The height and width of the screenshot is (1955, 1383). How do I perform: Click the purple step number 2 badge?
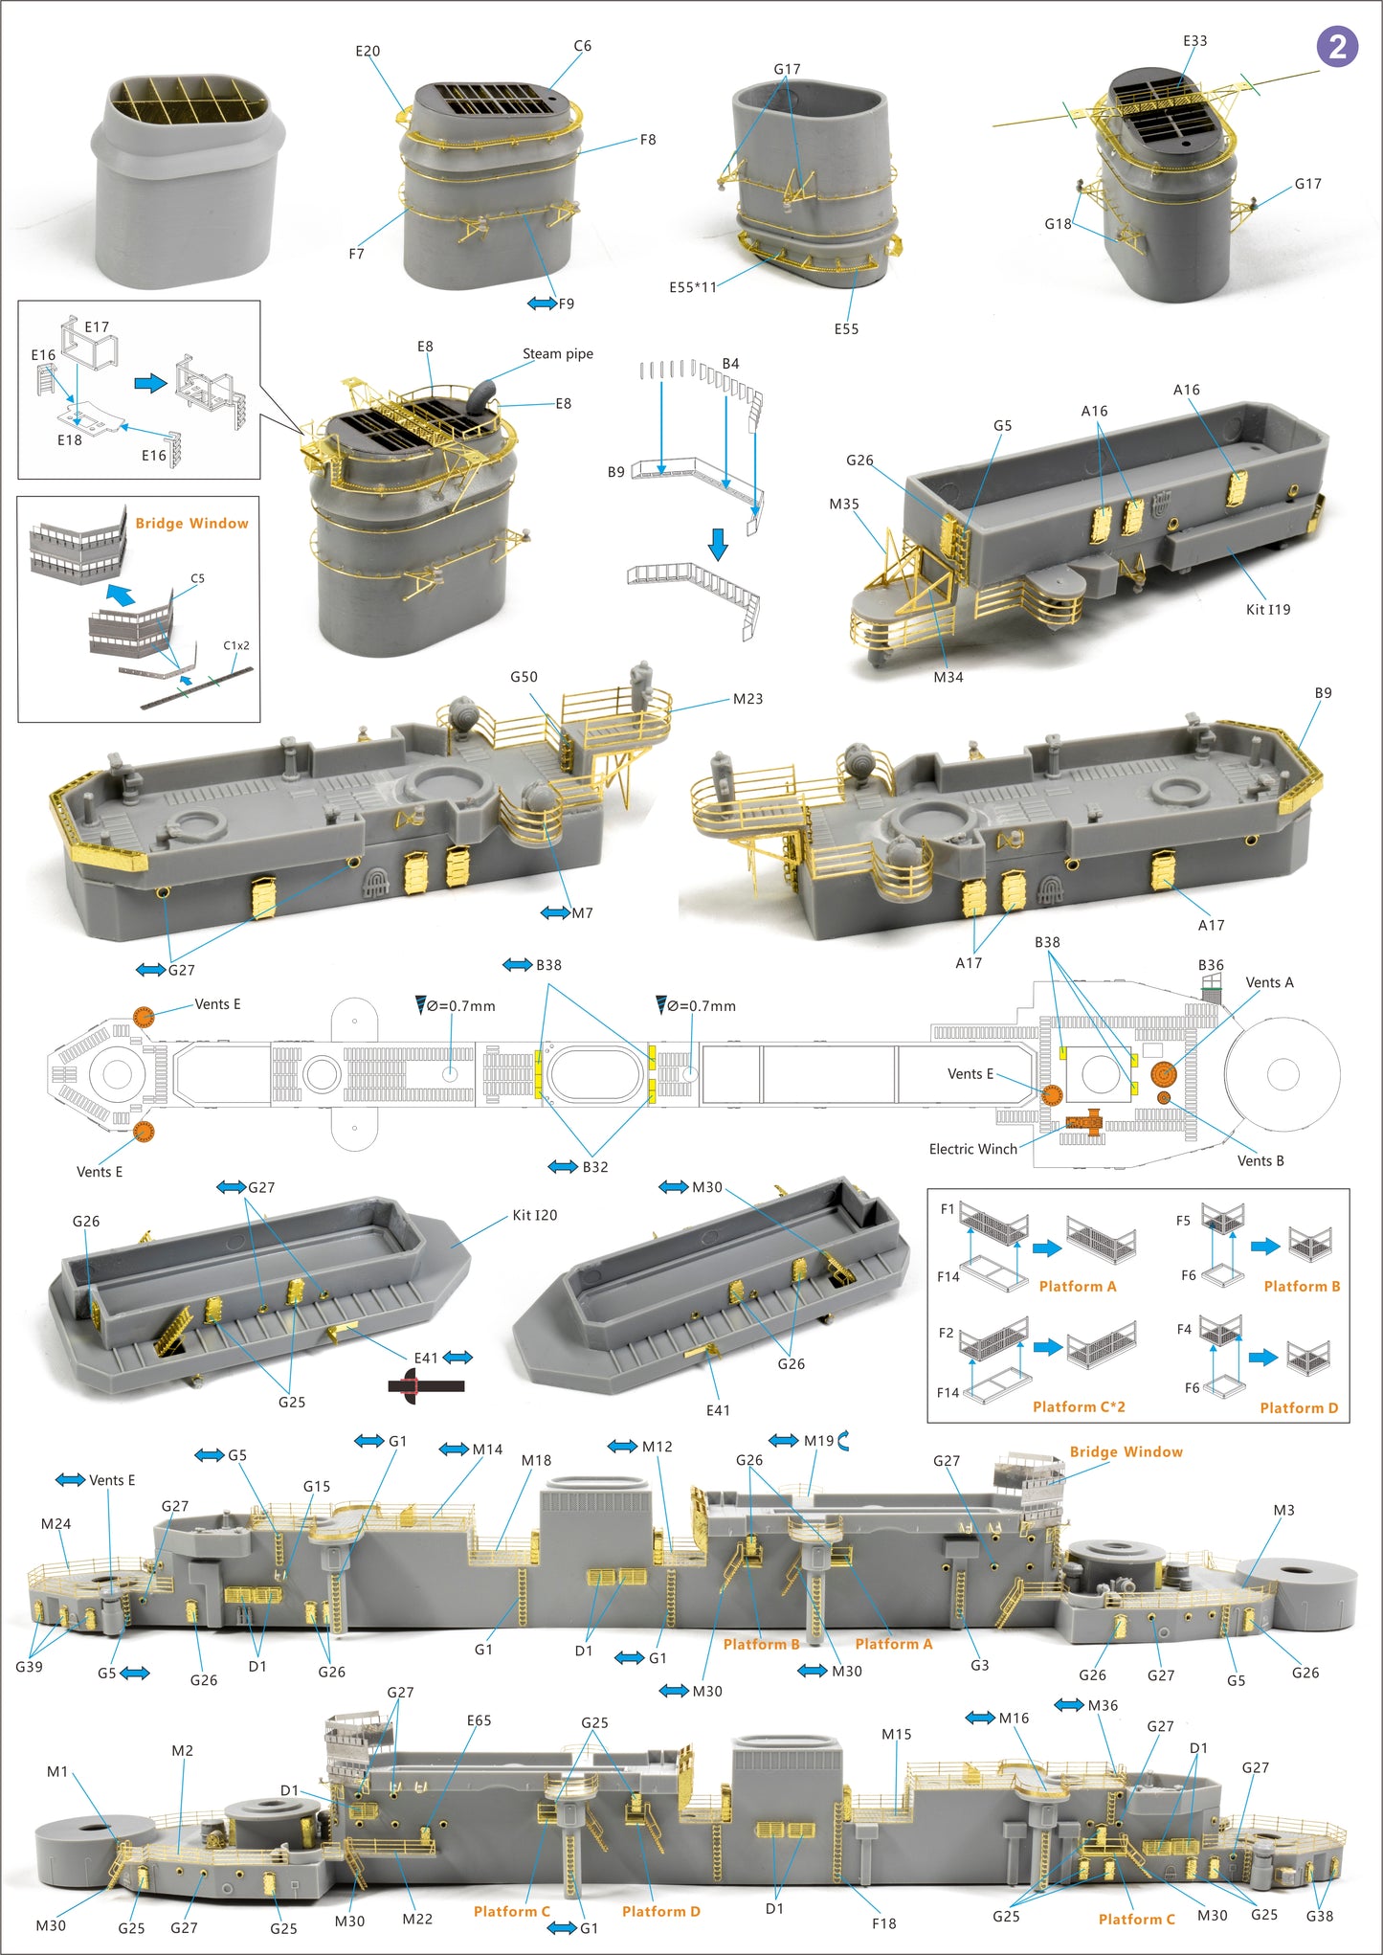click(x=1337, y=46)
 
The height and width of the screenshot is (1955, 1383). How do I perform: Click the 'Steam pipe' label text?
click(x=557, y=353)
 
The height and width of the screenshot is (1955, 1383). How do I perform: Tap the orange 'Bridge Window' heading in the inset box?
click(x=191, y=523)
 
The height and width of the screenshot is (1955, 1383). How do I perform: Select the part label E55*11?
click(x=692, y=287)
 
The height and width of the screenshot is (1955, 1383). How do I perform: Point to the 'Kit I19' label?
click(x=1267, y=609)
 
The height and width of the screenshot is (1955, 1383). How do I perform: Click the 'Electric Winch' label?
click(x=972, y=1149)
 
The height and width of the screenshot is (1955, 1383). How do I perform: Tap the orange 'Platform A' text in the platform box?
click(x=1078, y=1286)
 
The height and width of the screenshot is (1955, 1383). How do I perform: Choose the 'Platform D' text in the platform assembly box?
click(x=1299, y=1407)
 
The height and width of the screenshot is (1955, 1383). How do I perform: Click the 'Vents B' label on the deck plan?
click(x=1260, y=1160)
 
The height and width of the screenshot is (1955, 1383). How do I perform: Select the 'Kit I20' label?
click(x=534, y=1215)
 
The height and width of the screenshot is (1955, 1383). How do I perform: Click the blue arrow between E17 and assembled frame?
click(x=150, y=383)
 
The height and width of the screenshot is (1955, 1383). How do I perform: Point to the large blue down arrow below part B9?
click(x=718, y=544)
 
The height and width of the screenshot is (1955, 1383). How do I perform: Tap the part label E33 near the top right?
click(x=1194, y=41)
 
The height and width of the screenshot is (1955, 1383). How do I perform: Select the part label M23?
click(x=747, y=699)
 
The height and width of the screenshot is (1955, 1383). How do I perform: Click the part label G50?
click(x=524, y=677)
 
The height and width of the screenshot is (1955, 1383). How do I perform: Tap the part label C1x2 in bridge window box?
click(x=236, y=645)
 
